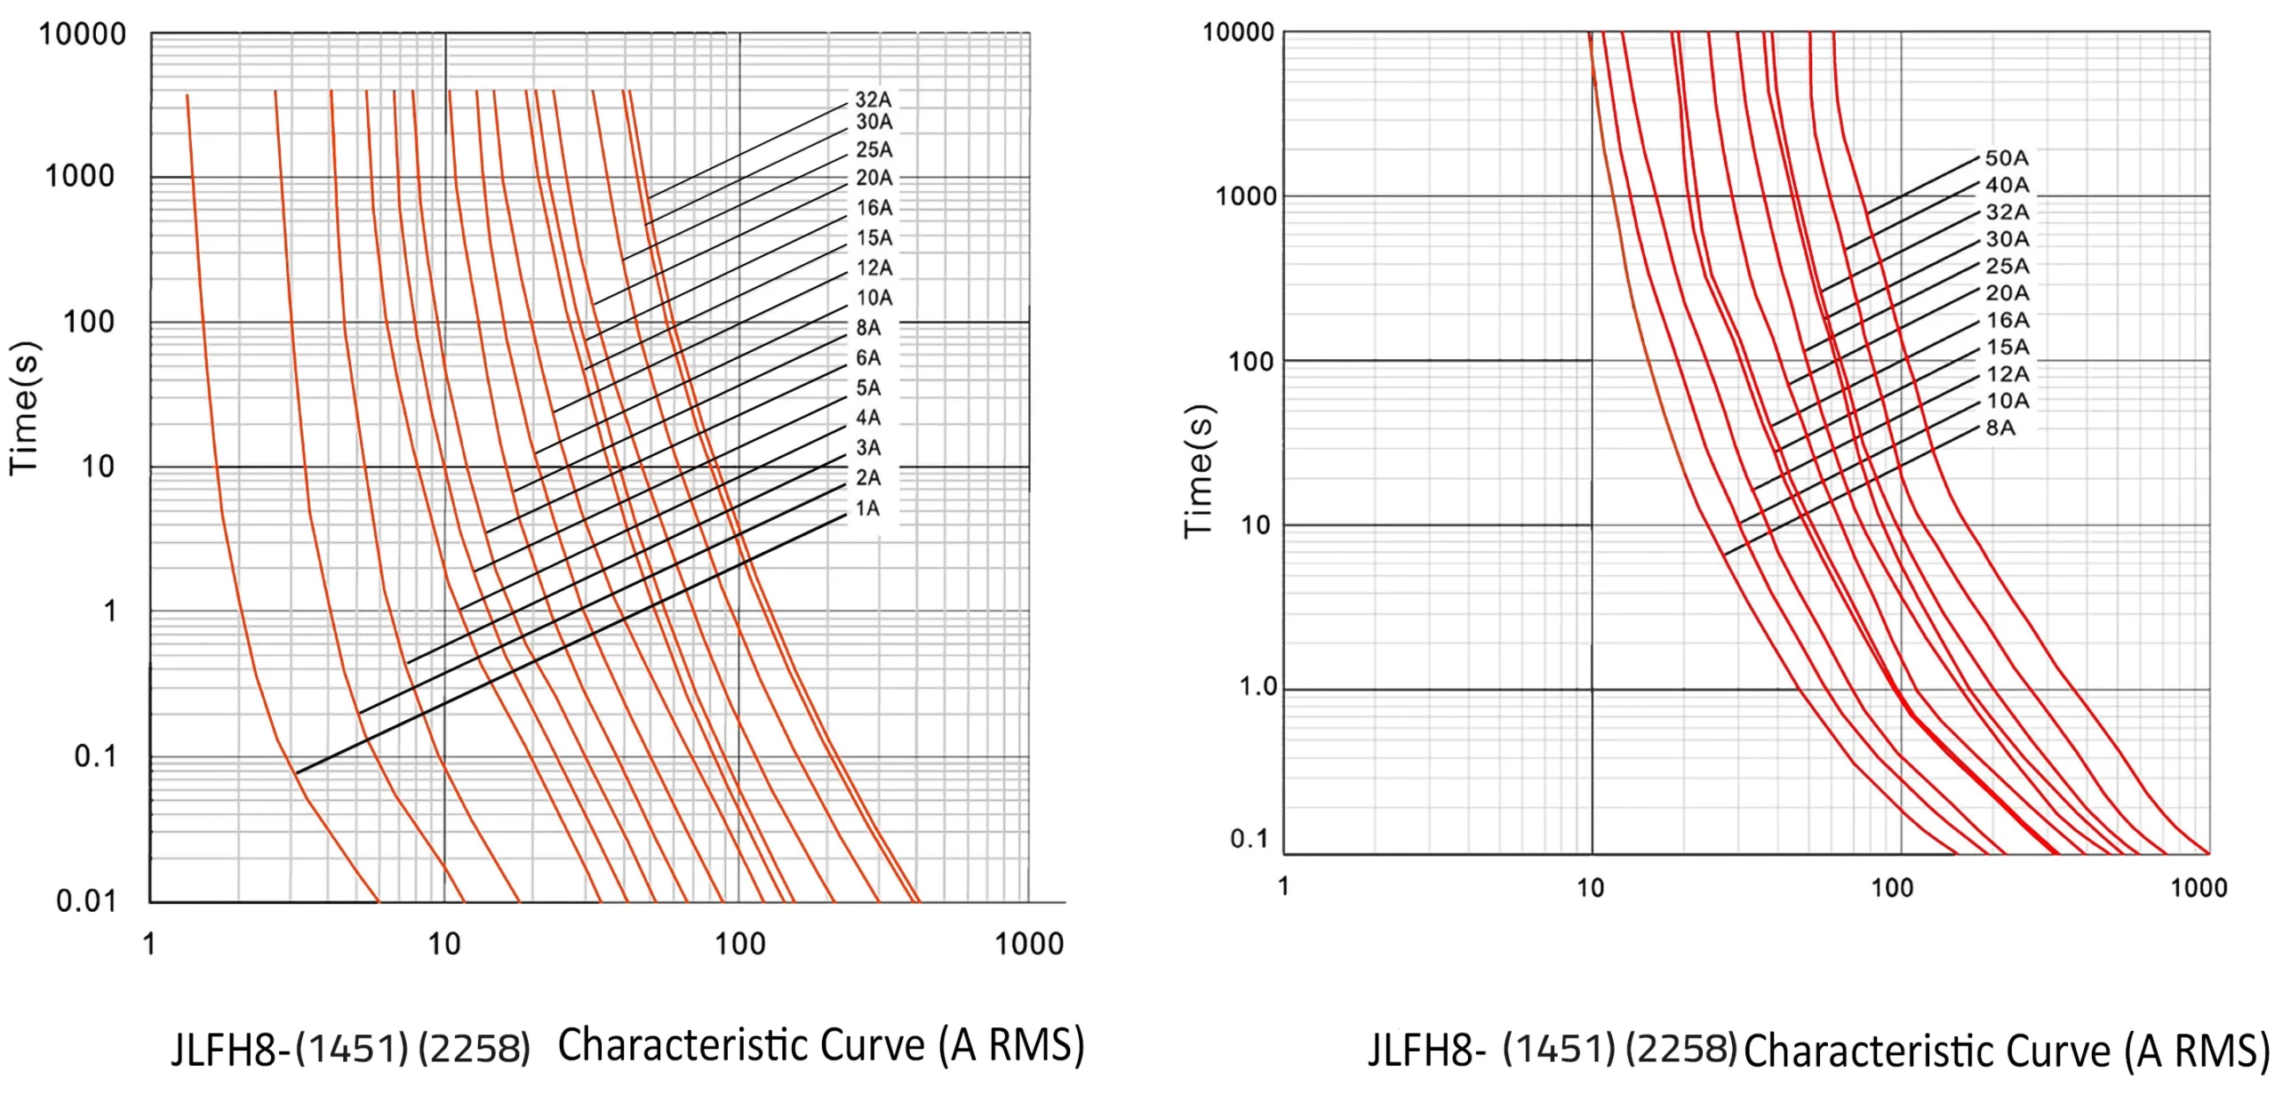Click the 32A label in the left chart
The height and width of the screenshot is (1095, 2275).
click(873, 100)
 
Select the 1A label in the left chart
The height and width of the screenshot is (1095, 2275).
click(867, 508)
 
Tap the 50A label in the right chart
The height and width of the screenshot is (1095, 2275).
click(2007, 158)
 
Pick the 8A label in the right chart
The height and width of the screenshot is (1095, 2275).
click(2000, 428)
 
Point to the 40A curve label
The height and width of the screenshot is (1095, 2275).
click(2007, 186)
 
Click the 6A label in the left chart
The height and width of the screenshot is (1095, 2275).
click(868, 358)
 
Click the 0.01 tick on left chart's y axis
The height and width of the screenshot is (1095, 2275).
click(86, 901)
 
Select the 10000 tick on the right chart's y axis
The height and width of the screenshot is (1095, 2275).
click(1238, 33)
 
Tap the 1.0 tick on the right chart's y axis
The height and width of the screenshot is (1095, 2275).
click(1257, 687)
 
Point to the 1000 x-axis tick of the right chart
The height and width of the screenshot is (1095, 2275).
click(2199, 888)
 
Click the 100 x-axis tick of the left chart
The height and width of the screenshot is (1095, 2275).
click(739, 943)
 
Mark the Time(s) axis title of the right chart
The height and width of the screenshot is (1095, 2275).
click(1198, 470)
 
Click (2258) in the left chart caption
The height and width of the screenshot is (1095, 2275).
click(475, 1049)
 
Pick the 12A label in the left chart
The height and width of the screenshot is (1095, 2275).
click(874, 268)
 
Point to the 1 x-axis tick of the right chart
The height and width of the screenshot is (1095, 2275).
click(1283, 886)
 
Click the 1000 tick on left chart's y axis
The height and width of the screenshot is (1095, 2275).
click(80, 176)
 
